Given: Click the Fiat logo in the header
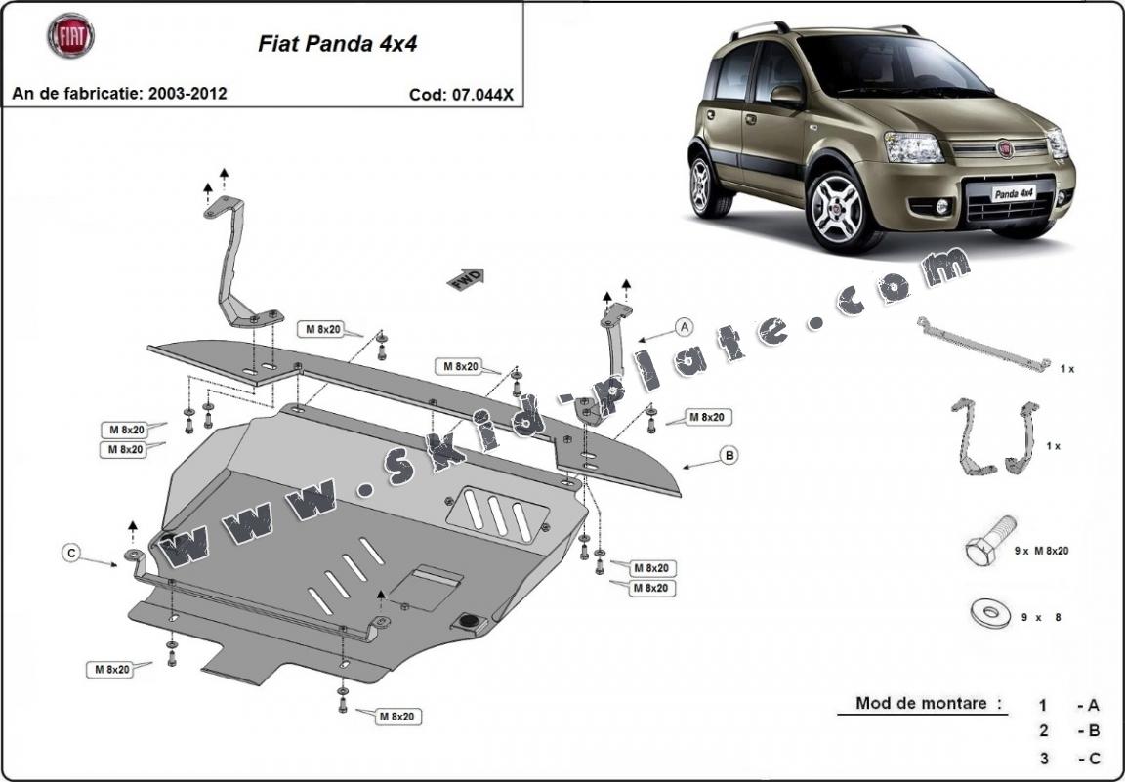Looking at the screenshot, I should (x=70, y=36).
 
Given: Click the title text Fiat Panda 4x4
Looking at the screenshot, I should (x=337, y=45).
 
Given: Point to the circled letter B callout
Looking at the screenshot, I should (x=728, y=454).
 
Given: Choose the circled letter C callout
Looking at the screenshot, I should (x=70, y=554).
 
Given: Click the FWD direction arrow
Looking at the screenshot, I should (x=466, y=279).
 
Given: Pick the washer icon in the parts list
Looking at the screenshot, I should (x=989, y=613).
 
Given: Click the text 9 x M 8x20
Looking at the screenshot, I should (x=1041, y=551).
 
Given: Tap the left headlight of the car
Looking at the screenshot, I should (x=914, y=147).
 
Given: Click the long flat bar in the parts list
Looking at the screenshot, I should (x=982, y=346).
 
